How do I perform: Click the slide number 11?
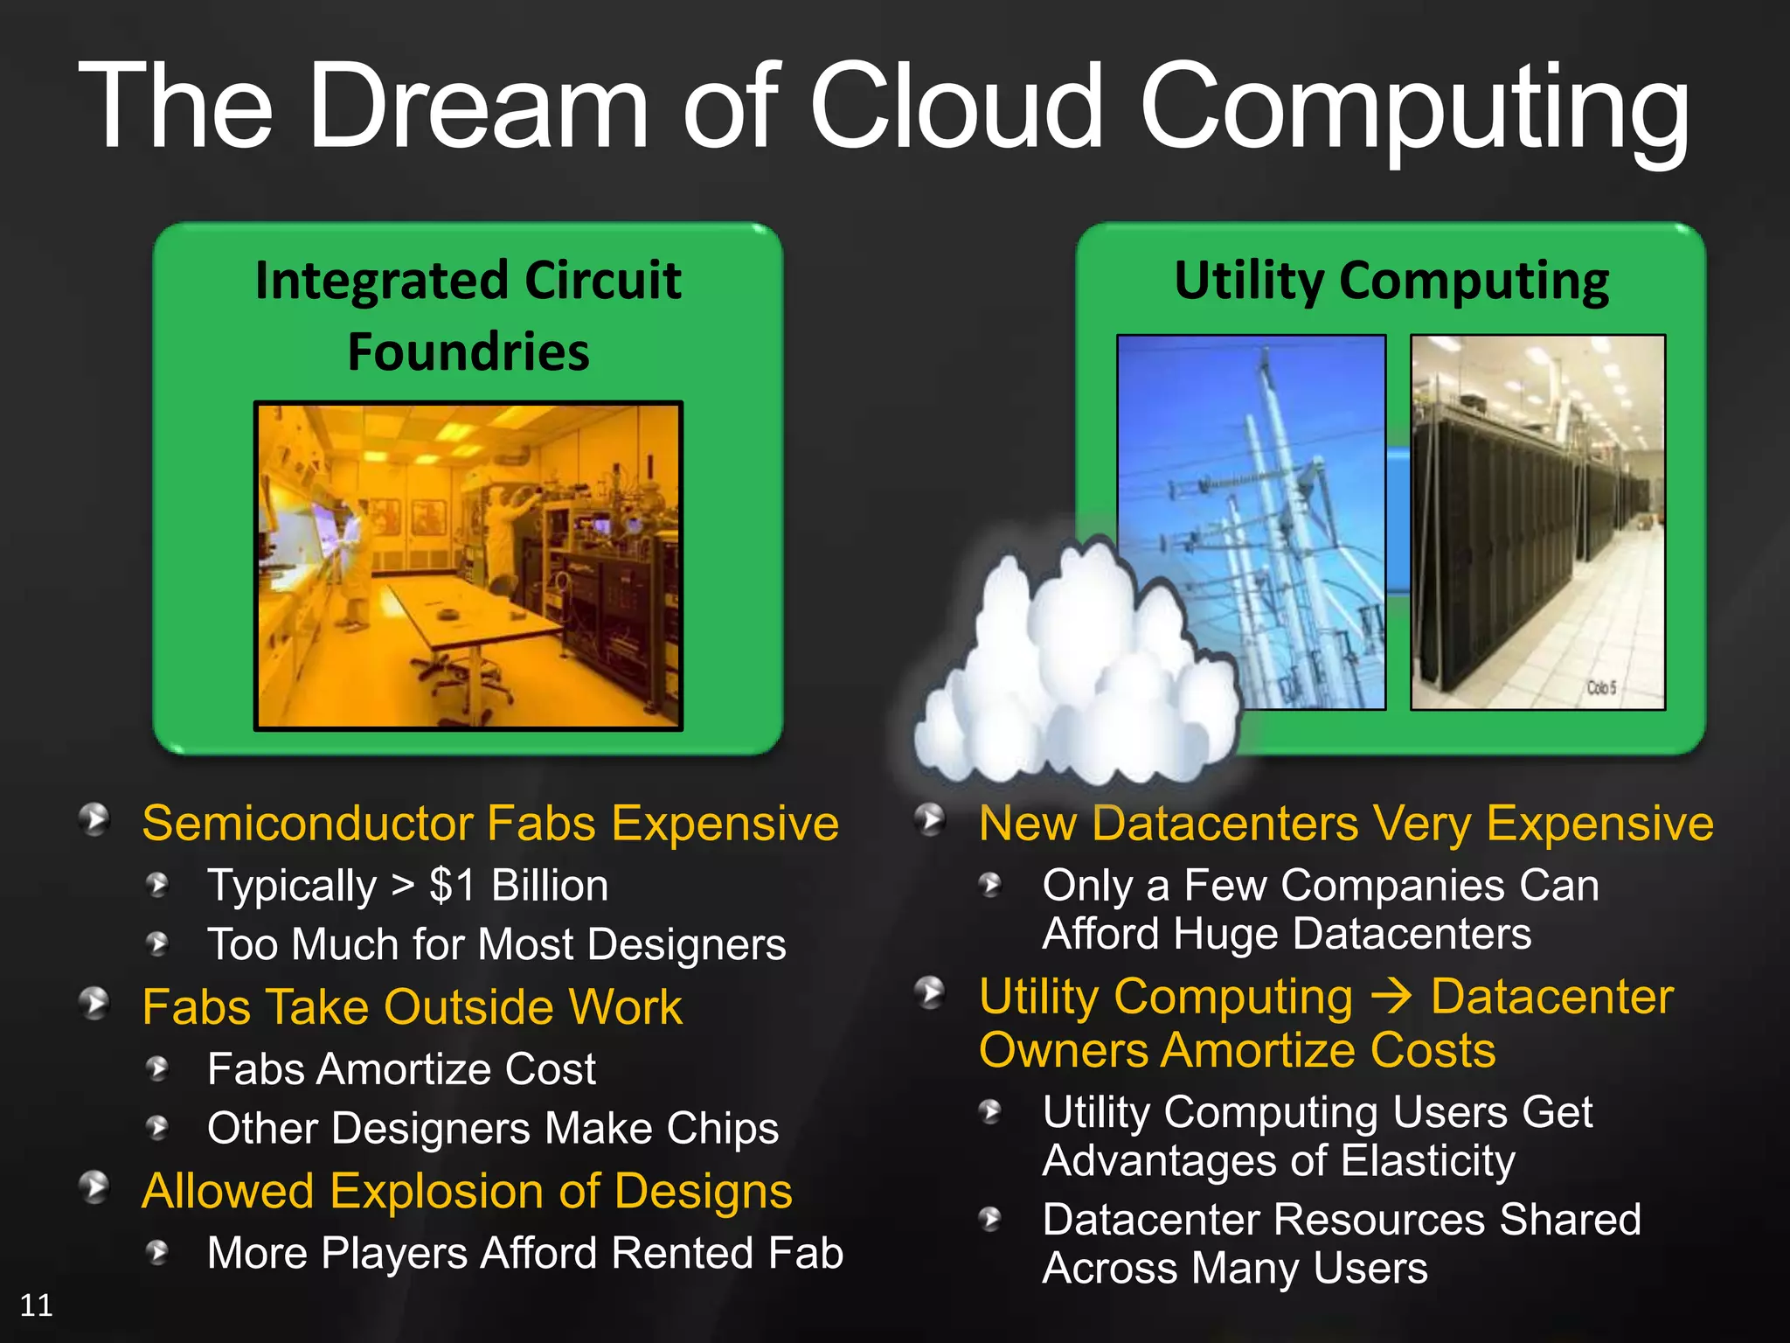pyautogui.click(x=36, y=1305)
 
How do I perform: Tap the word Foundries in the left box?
pyautogui.click(x=468, y=352)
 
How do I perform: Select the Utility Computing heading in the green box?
pyautogui.click(x=1391, y=282)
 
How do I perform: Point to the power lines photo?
pyautogui.click(x=1251, y=522)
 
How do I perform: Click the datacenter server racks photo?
pyautogui.click(x=1537, y=522)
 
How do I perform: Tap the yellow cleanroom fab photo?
pyautogui.click(x=468, y=566)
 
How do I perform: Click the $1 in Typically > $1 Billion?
pyautogui.click(x=452, y=886)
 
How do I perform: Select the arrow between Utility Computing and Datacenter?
pyautogui.click(x=1391, y=997)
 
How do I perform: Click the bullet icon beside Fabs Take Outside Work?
pyautogui.click(x=94, y=1004)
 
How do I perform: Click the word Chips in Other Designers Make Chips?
pyautogui.click(x=722, y=1129)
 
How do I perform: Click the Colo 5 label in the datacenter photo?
pyautogui.click(x=1601, y=688)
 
